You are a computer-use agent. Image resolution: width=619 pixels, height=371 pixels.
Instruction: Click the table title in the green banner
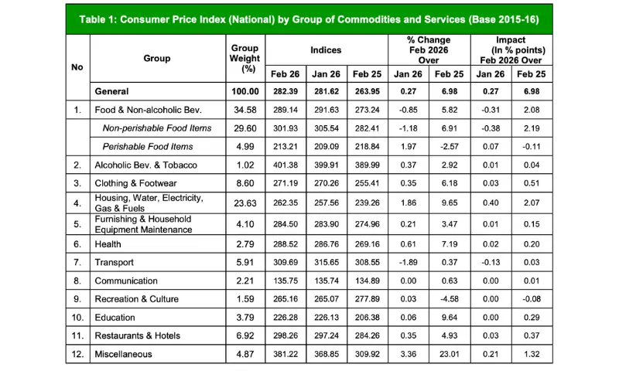309,18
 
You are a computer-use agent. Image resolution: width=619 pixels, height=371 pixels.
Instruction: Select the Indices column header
326,49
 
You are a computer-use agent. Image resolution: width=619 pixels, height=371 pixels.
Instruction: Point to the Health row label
108,243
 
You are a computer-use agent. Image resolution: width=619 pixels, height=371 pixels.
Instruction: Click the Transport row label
115,262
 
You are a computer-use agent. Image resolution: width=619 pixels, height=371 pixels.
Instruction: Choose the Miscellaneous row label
123,355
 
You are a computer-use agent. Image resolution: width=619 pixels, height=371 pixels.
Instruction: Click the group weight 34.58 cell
245,110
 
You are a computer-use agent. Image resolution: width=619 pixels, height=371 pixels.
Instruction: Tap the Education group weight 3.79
245,318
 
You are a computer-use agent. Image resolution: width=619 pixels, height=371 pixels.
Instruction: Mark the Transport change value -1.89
408,262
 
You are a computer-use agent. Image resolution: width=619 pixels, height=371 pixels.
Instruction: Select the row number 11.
77,336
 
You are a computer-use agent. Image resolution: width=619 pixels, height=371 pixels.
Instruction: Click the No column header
77,67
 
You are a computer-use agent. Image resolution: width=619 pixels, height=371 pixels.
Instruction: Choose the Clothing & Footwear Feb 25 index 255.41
366,183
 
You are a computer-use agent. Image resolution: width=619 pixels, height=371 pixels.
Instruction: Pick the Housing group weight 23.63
245,204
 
